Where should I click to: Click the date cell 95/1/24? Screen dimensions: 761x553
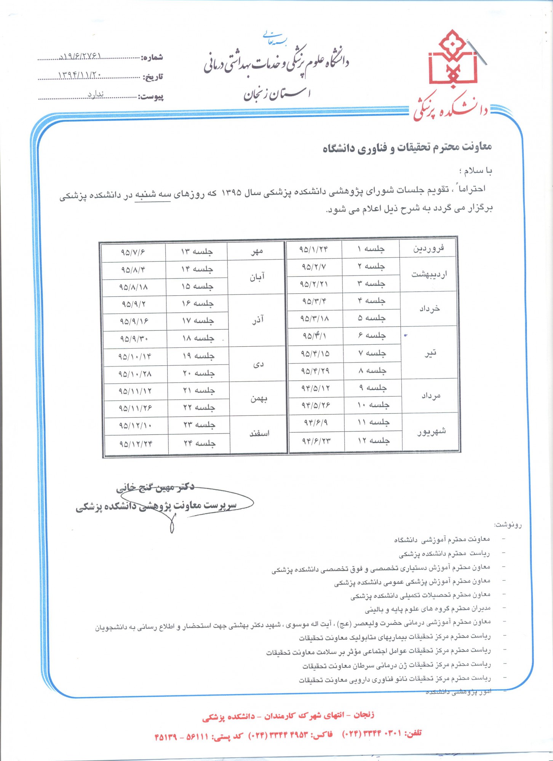click(x=313, y=249)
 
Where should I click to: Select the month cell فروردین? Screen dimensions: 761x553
click(x=428, y=249)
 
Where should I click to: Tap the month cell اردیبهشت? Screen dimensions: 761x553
click(x=429, y=274)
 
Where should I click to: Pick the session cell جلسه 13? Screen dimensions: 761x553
click(x=197, y=252)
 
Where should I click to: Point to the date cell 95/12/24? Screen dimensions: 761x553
click(x=136, y=444)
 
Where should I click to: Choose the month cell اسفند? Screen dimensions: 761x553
click(x=259, y=433)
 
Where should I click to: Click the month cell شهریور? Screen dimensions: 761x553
click(x=431, y=432)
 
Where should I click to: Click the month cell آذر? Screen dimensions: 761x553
click(x=258, y=320)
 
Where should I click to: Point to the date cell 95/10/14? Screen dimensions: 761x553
click(x=135, y=357)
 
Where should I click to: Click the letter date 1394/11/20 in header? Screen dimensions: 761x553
click(x=80, y=75)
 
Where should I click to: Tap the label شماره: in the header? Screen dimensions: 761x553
click(x=152, y=58)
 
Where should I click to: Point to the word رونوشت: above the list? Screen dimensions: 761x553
click(x=508, y=525)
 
